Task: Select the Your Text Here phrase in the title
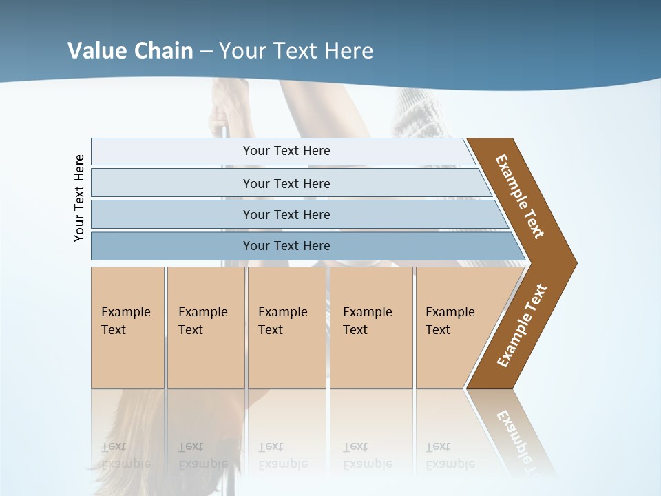point(295,50)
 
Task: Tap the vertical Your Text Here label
point(79,198)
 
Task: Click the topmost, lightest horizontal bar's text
point(286,151)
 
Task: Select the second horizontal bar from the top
point(286,183)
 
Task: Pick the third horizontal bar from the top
point(286,214)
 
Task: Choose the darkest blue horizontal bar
point(286,246)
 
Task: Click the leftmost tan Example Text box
point(127,327)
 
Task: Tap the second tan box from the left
point(205,327)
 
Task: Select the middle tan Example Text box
point(286,327)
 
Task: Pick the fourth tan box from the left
point(370,327)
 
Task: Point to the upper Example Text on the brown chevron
point(520,196)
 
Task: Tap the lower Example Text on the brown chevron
point(522,325)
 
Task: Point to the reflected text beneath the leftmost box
point(126,455)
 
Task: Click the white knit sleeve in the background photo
point(418,110)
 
